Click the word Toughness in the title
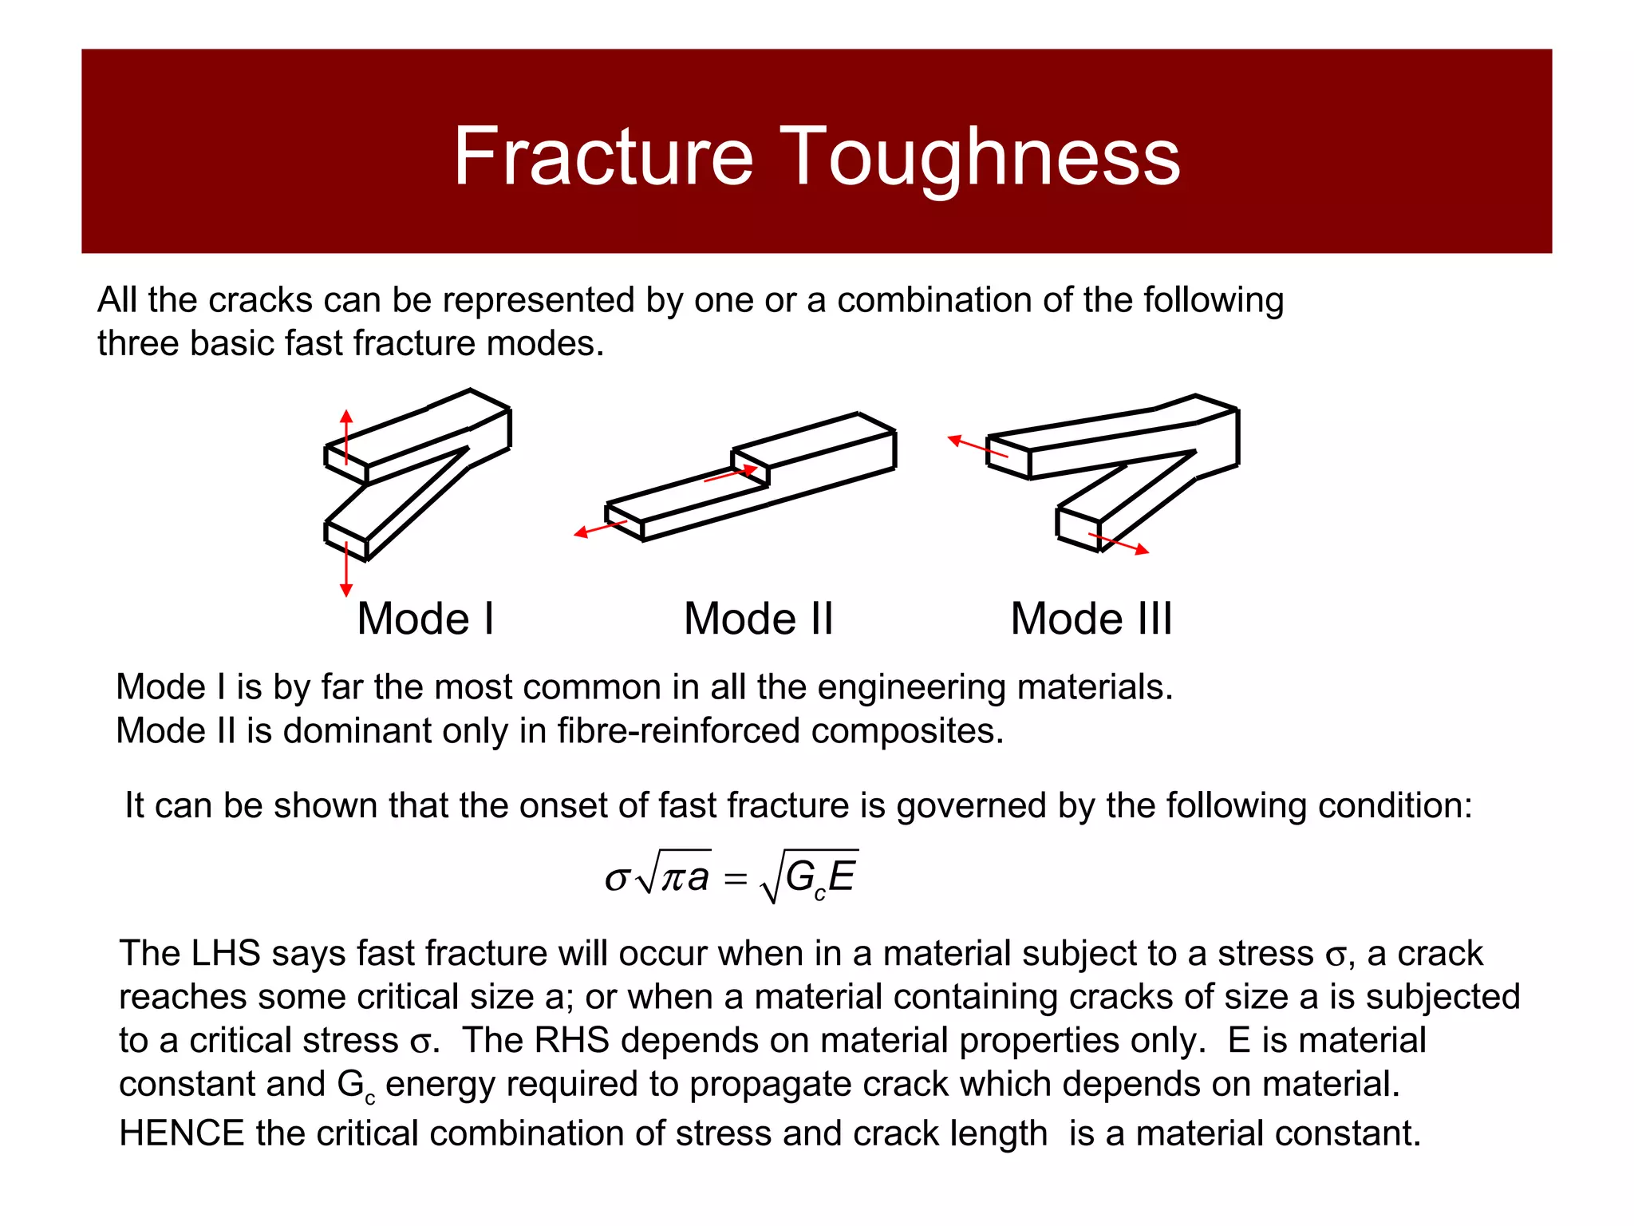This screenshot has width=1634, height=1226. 979,157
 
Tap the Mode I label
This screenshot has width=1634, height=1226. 425,619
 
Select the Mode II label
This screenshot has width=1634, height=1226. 758,619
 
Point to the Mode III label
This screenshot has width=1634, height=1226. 1091,619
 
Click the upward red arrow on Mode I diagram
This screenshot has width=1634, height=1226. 345,435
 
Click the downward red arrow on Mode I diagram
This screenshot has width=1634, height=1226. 345,571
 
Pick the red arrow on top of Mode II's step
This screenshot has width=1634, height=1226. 731,474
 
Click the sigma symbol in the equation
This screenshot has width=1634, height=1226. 617,879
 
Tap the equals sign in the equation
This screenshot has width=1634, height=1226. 734,880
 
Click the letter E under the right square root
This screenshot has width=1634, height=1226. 842,876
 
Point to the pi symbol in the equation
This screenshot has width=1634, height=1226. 673,879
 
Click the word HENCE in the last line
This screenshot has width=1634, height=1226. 181,1133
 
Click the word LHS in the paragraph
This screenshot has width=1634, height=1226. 227,954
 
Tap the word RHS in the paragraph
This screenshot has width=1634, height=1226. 571,1041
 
